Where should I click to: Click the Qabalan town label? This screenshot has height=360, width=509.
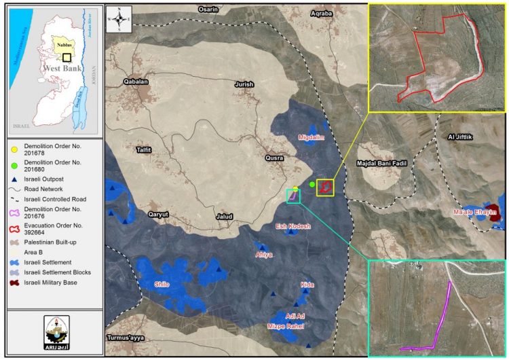pyautogui.click(x=136, y=82)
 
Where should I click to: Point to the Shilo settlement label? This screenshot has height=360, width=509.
pyautogui.click(x=161, y=284)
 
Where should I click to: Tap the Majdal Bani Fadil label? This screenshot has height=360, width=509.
pyautogui.click(x=385, y=164)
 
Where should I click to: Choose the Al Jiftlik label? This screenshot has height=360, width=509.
pyautogui.click(x=459, y=137)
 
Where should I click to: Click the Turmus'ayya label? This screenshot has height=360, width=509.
pyautogui.click(x=127, y=338)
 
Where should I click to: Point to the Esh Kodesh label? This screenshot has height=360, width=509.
pyautogui.click(x=293, y=226)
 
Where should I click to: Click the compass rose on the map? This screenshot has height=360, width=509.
pyautogui.click(x=120, y=18)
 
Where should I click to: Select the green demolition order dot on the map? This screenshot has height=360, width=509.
pyautogui.click(x=312, y=184)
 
